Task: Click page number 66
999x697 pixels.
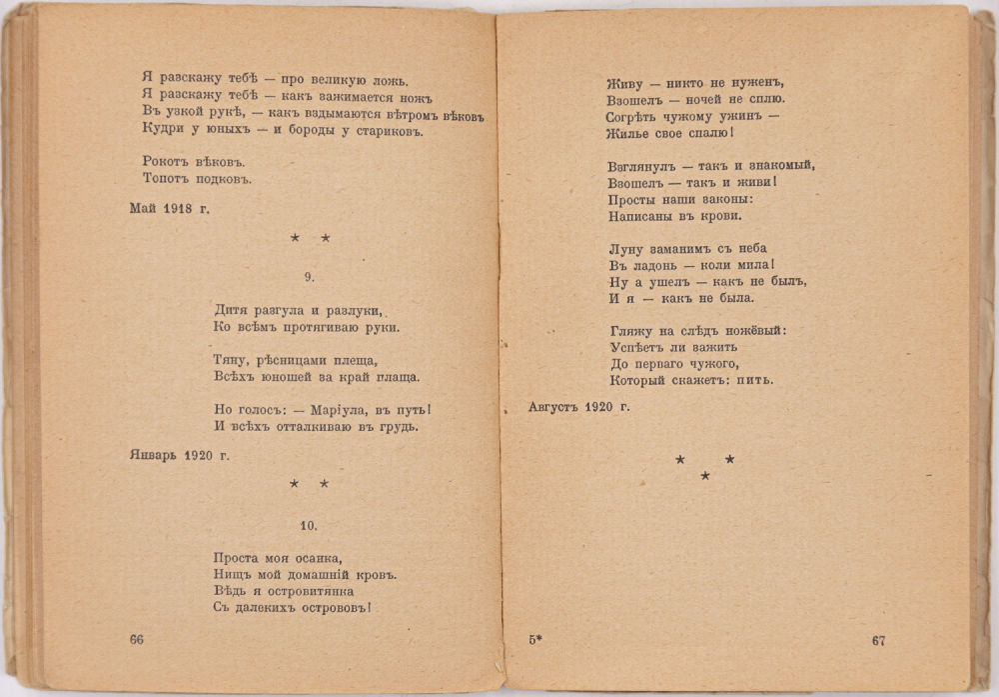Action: click(137, 641)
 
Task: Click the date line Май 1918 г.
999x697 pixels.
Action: click(170, 209)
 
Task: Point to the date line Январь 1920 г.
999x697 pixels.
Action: click(180, 455)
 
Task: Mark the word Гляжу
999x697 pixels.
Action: click(629, 330)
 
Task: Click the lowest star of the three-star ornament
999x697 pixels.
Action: click(705, 476)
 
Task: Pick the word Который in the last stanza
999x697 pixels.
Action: click(637, 380)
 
